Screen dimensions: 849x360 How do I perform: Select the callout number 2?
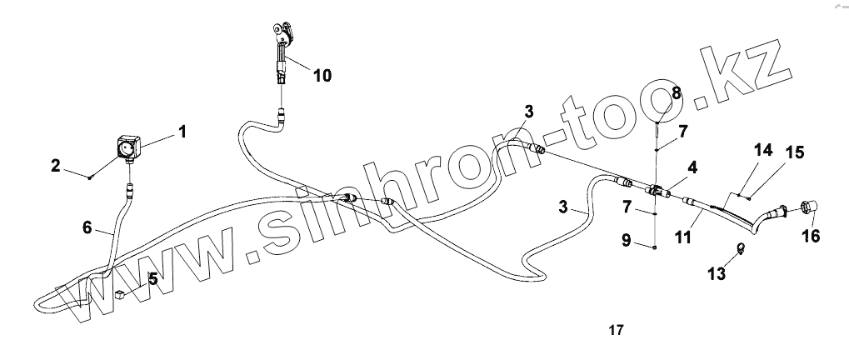click(x=55, y=166)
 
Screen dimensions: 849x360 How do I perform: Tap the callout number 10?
click(x=322, y=76)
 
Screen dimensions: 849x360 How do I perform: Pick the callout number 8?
click(x=676, y=94)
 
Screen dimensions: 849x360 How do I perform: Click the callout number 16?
click(x=811, y=237)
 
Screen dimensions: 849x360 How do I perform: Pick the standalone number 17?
click(x=616, y=330)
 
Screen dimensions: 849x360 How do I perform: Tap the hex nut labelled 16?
click(x=808, y=207)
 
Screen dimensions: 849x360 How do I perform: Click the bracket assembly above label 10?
click(x=283, y=37)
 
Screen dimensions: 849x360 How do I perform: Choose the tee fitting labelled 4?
click(x=657, y=190)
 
